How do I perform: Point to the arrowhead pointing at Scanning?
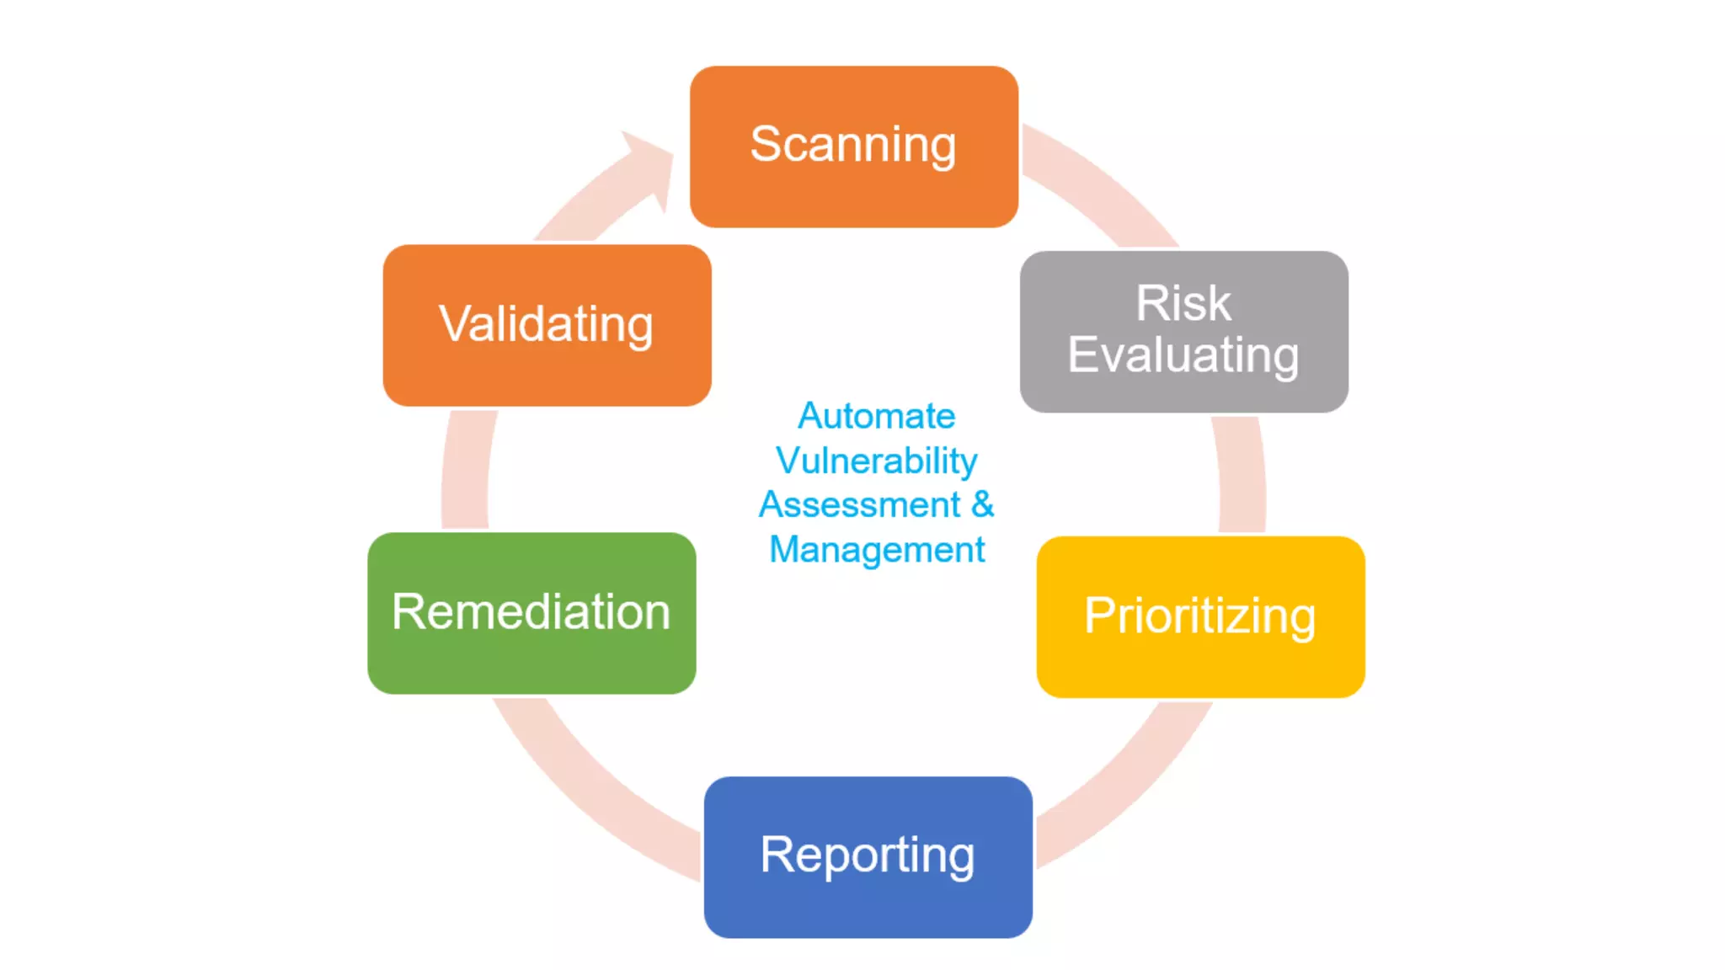[x=653, y=164]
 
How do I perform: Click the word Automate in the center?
[x=876, y=416]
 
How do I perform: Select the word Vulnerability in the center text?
[x=876, y=461]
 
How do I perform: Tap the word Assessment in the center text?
[x=859, y=505]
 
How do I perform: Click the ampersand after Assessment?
[x=983, y=505]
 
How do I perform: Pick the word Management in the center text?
[x=876, y=550]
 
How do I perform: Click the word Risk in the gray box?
[x=1183, y=303]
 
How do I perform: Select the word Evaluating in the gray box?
[x=1183, y=354]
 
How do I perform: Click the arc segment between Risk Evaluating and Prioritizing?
[x=1242, y=476]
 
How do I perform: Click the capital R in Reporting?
[x=777, y=855]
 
